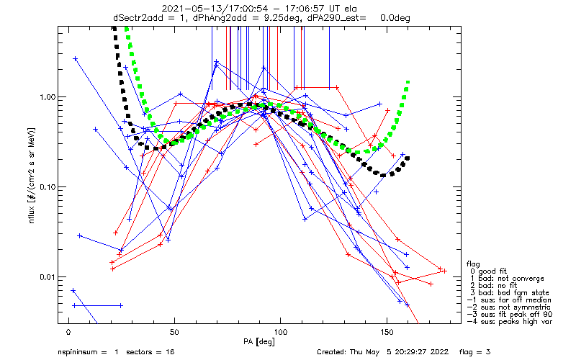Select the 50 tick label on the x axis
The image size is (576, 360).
[174, 333]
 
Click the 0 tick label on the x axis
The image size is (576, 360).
[68, 333]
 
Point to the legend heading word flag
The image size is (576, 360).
[474, 264]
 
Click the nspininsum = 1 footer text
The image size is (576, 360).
[86, 352]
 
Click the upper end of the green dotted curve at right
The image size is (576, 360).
[408, 83]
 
